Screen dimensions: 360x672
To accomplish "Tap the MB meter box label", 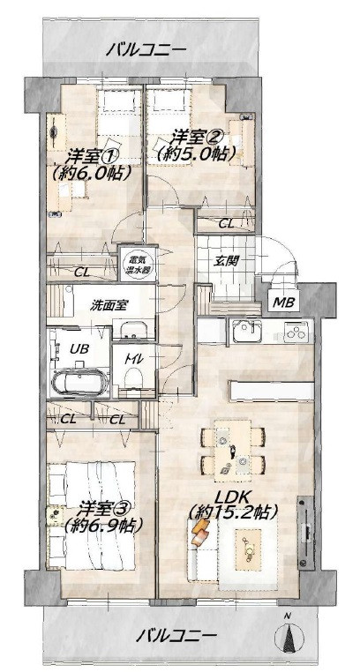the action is coord(284,303).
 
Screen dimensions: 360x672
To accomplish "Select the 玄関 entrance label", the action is coord(224,260).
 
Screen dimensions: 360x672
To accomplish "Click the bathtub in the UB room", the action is coord(79,381).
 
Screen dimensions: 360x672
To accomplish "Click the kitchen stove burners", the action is coord(298,332).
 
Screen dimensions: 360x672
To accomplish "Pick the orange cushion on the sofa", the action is coord(200,533).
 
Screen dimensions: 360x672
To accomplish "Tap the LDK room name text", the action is coord(233,497).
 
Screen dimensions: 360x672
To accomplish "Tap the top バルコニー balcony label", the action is coord(146,49).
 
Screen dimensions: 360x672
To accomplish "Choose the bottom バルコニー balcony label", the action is coord(176,635).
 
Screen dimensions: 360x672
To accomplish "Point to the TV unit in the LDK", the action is coord(306,532).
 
